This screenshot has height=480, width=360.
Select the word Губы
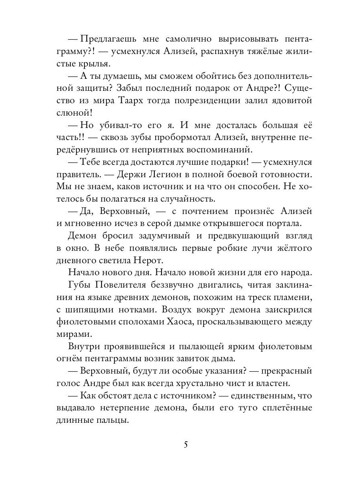click(x=80, y=284)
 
